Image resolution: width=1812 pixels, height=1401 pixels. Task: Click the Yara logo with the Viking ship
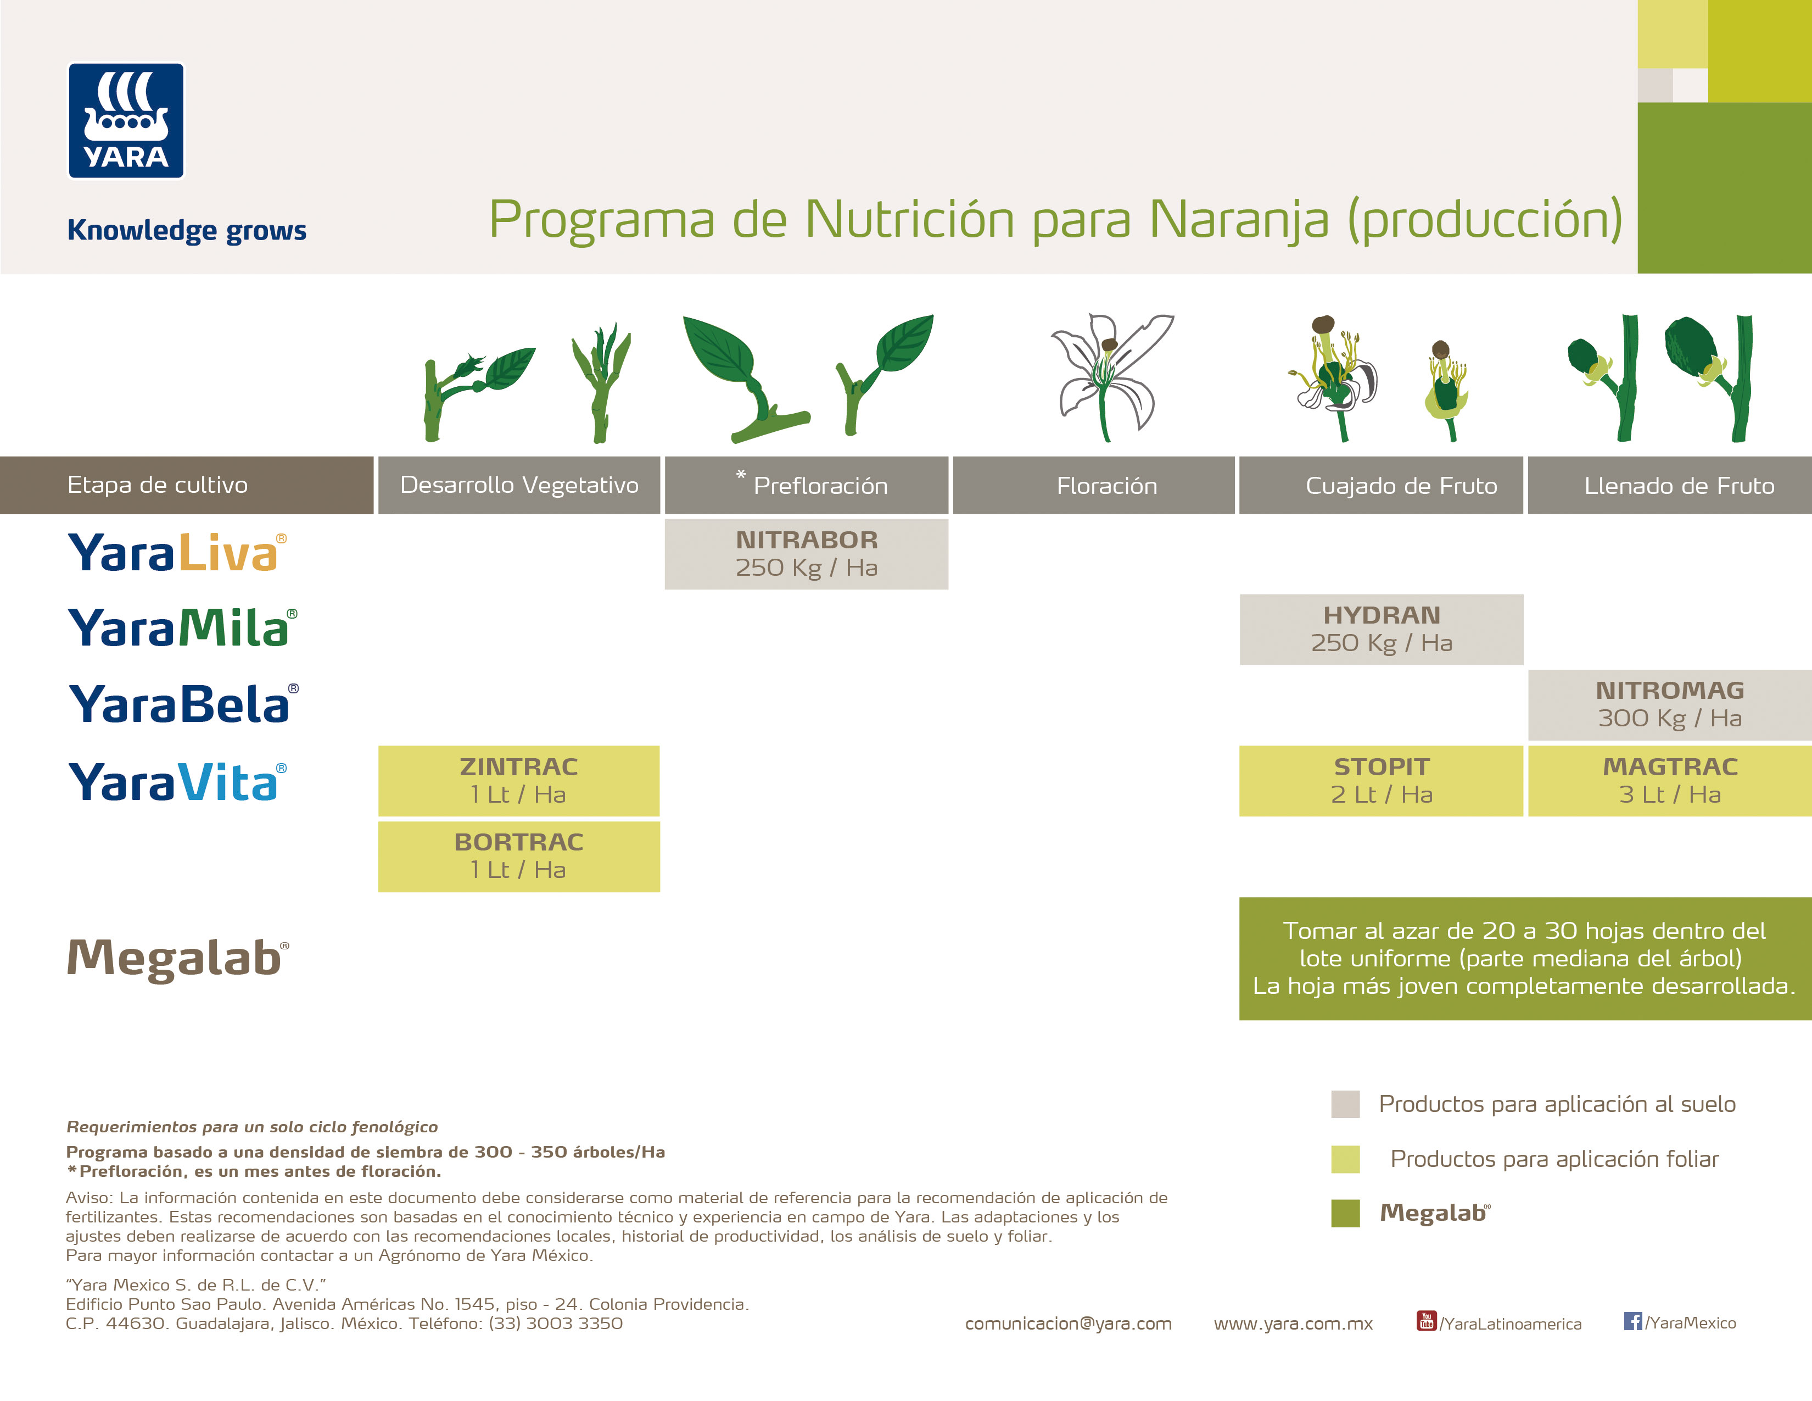pos(126,121)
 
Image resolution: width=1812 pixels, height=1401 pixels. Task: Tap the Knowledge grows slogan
pos(187,230)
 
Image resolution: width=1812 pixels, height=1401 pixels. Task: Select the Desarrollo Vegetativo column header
pos(519,486)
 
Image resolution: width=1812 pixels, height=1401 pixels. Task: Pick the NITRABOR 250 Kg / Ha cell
pos(807,554)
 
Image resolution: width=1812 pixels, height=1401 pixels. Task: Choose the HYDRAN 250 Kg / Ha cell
pos(1382,629)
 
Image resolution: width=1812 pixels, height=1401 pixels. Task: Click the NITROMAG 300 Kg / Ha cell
pos(1669,705)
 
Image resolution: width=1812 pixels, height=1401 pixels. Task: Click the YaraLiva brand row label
pos(177,553)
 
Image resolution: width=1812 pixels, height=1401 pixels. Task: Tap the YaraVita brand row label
pos(177,782)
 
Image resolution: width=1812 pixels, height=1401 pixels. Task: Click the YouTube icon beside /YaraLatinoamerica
pos(1425,1320)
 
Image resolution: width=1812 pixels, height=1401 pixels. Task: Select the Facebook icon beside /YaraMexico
pos(1632,1320)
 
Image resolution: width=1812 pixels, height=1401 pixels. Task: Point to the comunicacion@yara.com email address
pos(1068,1324)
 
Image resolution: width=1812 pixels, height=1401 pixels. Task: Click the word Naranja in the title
pos(1238,220)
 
